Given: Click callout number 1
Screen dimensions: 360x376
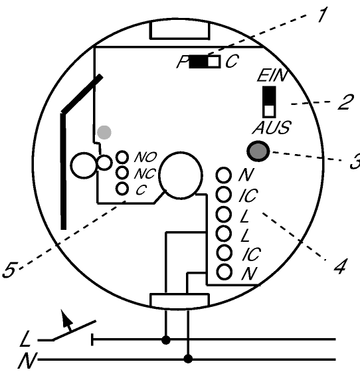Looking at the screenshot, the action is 322,15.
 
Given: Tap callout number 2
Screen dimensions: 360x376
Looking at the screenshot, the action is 345,102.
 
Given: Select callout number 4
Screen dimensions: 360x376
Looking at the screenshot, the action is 340,266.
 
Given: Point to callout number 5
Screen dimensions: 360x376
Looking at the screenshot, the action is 9,270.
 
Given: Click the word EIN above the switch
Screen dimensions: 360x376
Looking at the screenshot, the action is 272,75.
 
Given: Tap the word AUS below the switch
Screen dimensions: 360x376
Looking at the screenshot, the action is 272,128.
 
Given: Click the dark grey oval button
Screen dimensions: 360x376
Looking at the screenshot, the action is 258,151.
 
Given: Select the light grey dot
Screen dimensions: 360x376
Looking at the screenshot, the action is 104,132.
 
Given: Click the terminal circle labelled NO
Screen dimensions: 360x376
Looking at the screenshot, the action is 122,157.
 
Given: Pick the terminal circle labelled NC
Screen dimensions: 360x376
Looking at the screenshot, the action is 122,172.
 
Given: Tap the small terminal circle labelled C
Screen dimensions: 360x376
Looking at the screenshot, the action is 122,189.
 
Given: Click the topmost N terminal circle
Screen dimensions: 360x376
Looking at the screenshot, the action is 224,175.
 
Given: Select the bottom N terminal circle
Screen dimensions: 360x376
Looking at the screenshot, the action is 224,272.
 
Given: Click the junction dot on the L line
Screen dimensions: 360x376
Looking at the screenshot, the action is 166,339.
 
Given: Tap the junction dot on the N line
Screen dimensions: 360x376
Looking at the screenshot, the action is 188,359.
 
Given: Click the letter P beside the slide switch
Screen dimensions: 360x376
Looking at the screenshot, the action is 182,62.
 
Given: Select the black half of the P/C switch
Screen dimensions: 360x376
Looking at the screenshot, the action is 199,62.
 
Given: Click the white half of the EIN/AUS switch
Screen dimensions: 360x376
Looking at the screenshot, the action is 269,111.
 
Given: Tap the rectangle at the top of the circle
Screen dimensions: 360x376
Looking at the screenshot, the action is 180,30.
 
